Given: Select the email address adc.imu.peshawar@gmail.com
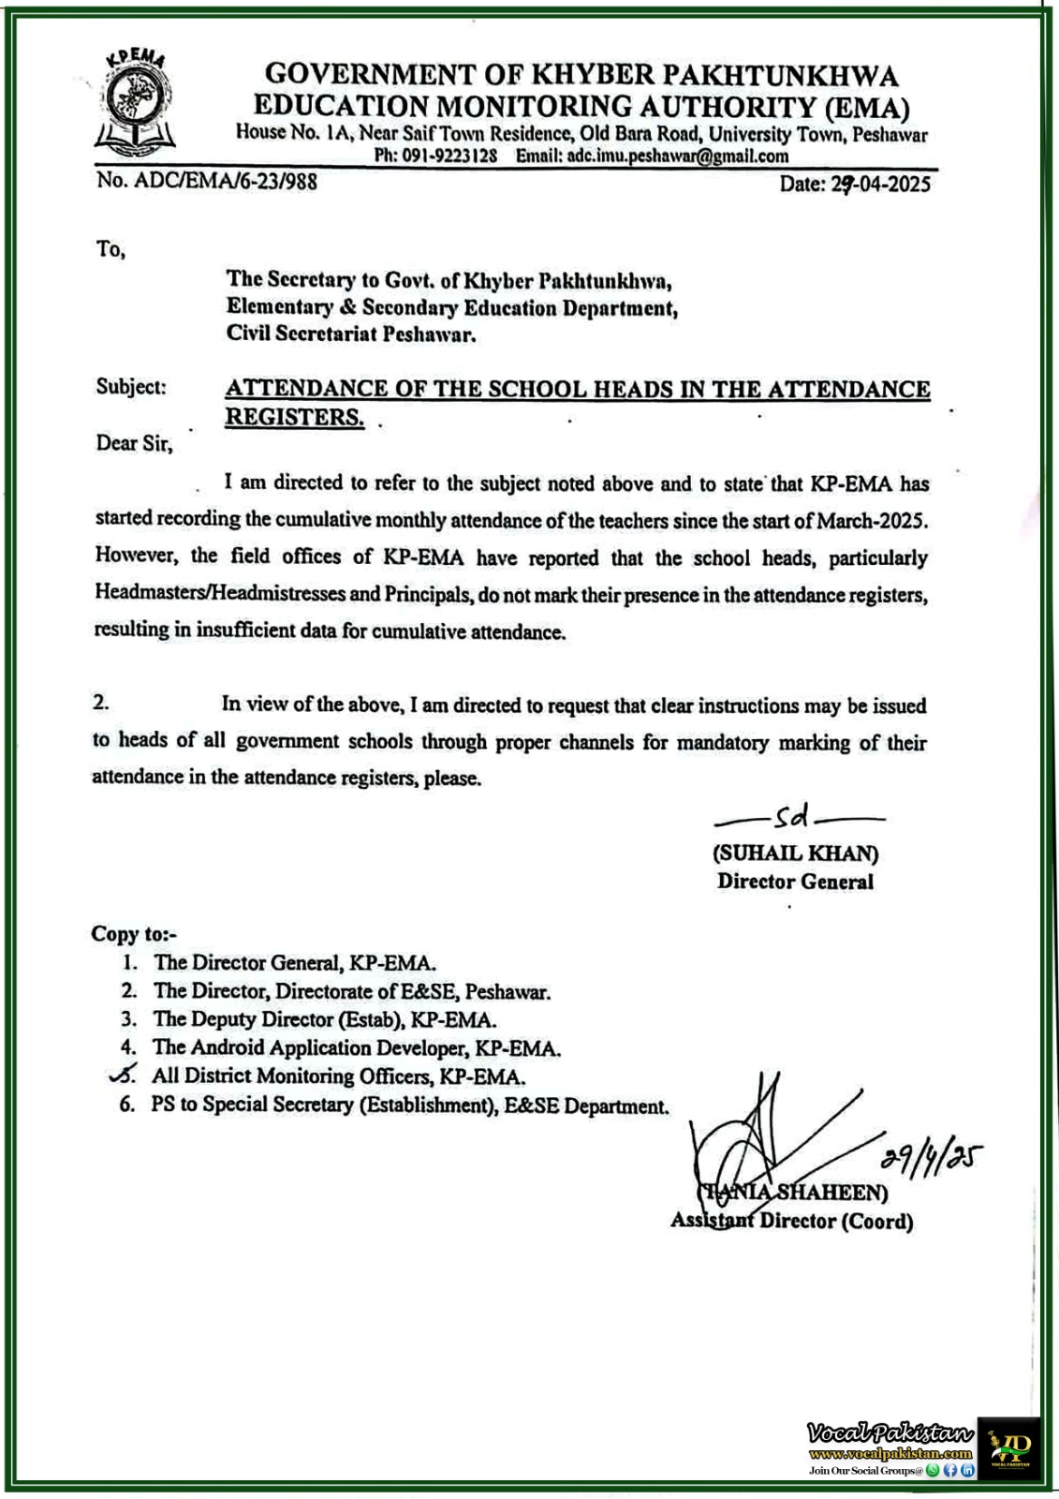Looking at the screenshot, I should [675, 156].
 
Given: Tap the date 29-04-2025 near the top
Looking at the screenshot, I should [879, 184].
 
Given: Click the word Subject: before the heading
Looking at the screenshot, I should [131, 387].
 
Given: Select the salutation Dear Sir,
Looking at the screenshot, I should [134, 443].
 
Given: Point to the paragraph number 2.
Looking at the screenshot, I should [101, 703].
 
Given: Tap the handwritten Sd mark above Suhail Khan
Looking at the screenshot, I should [791, 818].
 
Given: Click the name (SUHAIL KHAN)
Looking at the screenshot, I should [796, 853].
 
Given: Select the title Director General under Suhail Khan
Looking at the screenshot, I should [795, 882].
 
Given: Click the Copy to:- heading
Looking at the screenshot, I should [134, 934].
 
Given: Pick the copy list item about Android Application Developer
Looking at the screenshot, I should [357, 1047].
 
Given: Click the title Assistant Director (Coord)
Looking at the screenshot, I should [791, 1221].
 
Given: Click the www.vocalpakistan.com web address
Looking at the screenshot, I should [890, 1453].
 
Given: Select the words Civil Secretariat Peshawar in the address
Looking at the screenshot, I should [351, 334].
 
